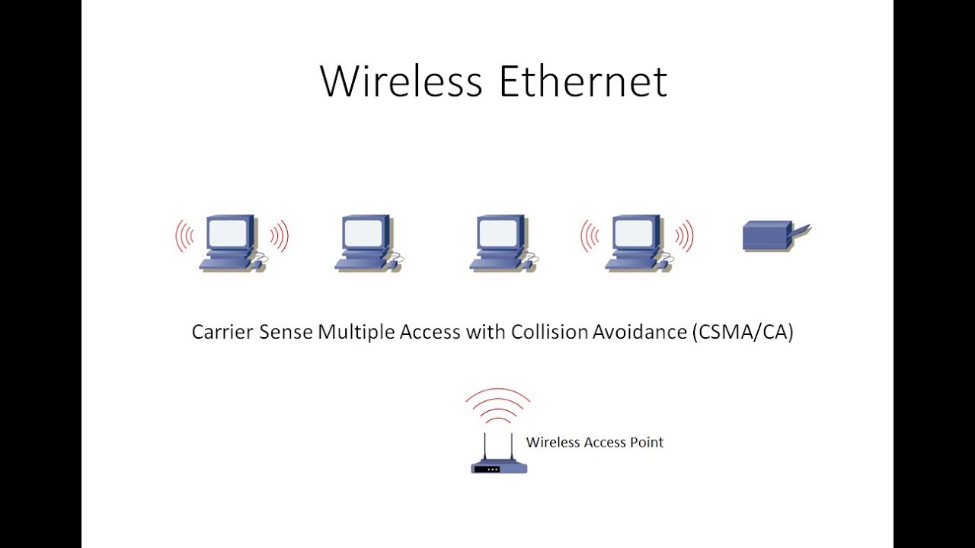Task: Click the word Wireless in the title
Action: [x=401, y=81]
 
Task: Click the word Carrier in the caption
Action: [x=222, y=333]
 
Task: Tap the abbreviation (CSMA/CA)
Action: [x=743, y=333]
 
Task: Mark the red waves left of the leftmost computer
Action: [x=184, y=236]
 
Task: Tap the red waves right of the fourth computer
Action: [x=683, y=236]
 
